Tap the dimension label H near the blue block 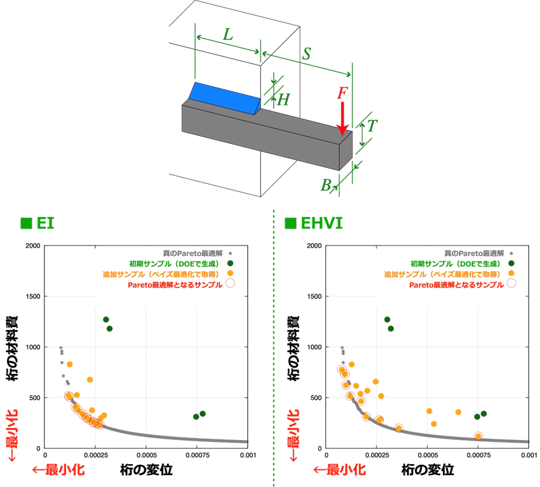tap(283, 100)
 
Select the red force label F tap(342, 93)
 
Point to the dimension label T tap(372, 126)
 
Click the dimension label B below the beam tap(326, 185)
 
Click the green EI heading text tap(45, 223)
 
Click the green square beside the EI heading tap(26, 223)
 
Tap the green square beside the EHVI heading tap(290, 223)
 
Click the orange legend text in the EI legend tap(162, 274)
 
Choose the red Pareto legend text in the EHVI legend tap(456, 284)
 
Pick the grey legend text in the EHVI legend tap(474, 253)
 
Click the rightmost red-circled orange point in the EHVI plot tap(478, 436)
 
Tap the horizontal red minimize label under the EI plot tap(58, 470)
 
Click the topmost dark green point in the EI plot tap(105, 319)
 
